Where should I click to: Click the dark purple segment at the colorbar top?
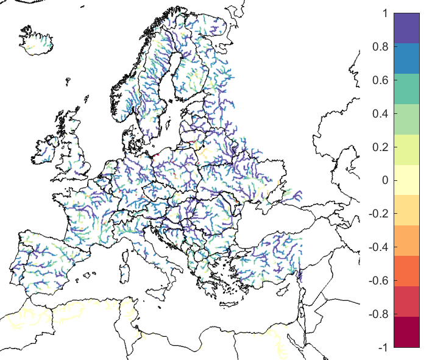(x=406, y=28)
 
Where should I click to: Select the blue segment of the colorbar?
(x=406, y=58)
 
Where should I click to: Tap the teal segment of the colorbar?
(x=406, y=89)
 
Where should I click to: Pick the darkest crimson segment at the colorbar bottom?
(x=406, y=332)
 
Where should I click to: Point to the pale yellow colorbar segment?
(x=406, y=180)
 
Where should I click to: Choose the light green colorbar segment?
(x=406, y=119)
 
